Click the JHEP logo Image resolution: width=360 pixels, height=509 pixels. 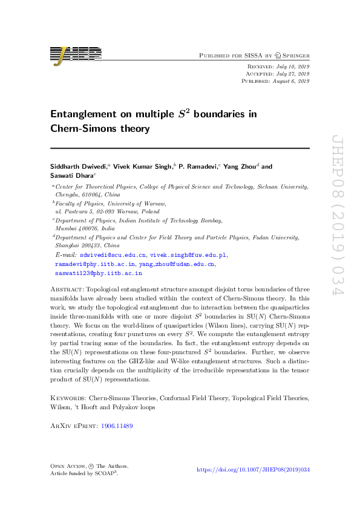(x=76, y=55)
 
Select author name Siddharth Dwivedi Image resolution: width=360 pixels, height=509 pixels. (x=77, y=166)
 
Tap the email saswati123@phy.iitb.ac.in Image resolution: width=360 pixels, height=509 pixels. (x=93, y=273)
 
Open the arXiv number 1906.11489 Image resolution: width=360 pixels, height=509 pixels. (x=117, y=426)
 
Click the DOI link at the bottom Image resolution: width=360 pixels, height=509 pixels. (x=254, y=470)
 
